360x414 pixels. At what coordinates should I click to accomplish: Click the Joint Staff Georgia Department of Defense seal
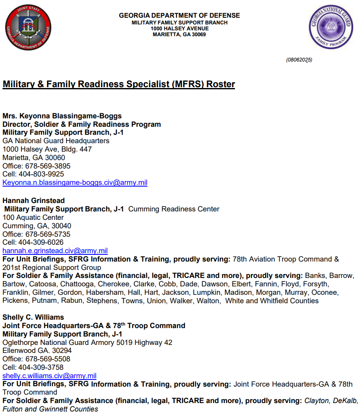point(28,28)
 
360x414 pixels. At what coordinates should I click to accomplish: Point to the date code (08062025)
point(299,60)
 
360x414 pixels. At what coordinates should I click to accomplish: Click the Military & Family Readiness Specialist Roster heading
point(119,84)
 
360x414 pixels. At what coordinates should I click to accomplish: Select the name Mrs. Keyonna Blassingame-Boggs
point(62,116)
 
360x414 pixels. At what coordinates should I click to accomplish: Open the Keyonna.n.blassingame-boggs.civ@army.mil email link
point(75,183)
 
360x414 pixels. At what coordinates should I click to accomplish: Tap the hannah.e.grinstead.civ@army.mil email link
point(55,251)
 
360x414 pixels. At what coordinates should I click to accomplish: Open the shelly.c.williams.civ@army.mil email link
point(50,376)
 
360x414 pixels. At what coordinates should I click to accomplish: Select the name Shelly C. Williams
point(34,317)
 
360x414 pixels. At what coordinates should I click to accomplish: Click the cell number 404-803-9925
point(41,174)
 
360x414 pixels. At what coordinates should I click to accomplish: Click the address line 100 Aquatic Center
point(33,217)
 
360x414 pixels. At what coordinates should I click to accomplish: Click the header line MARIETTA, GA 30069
point(179,35)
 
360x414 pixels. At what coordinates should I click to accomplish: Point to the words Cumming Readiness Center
point(173,209)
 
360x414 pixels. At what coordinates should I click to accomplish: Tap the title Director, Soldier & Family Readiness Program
point(82,124)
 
